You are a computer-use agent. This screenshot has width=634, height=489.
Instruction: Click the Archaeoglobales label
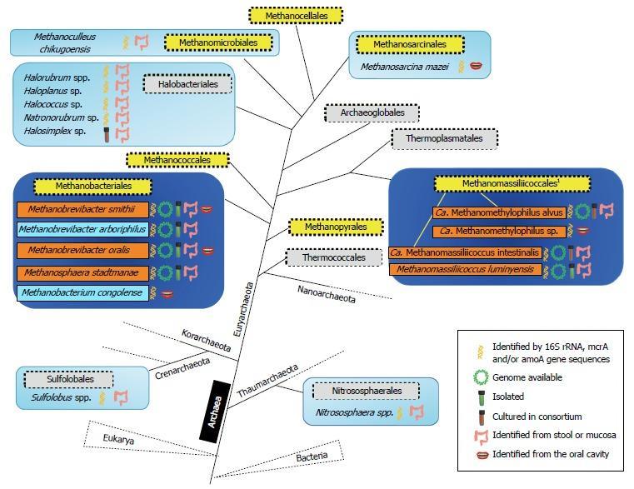[x=372, y=113]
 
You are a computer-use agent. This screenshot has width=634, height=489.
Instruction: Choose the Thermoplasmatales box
[x=444, y=138]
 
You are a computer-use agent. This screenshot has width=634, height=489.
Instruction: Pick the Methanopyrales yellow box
[x=335, y=227]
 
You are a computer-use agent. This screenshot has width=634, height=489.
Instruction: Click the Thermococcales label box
[x=334, y=257]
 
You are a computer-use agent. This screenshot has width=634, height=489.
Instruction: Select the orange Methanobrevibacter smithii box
[x=82, y=209]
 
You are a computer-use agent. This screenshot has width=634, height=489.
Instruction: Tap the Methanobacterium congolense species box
[x=82, y=293]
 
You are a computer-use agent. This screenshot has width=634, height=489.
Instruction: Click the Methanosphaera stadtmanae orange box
[x=82, y=272]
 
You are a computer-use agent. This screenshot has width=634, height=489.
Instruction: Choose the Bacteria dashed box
[x=310, y=456]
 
